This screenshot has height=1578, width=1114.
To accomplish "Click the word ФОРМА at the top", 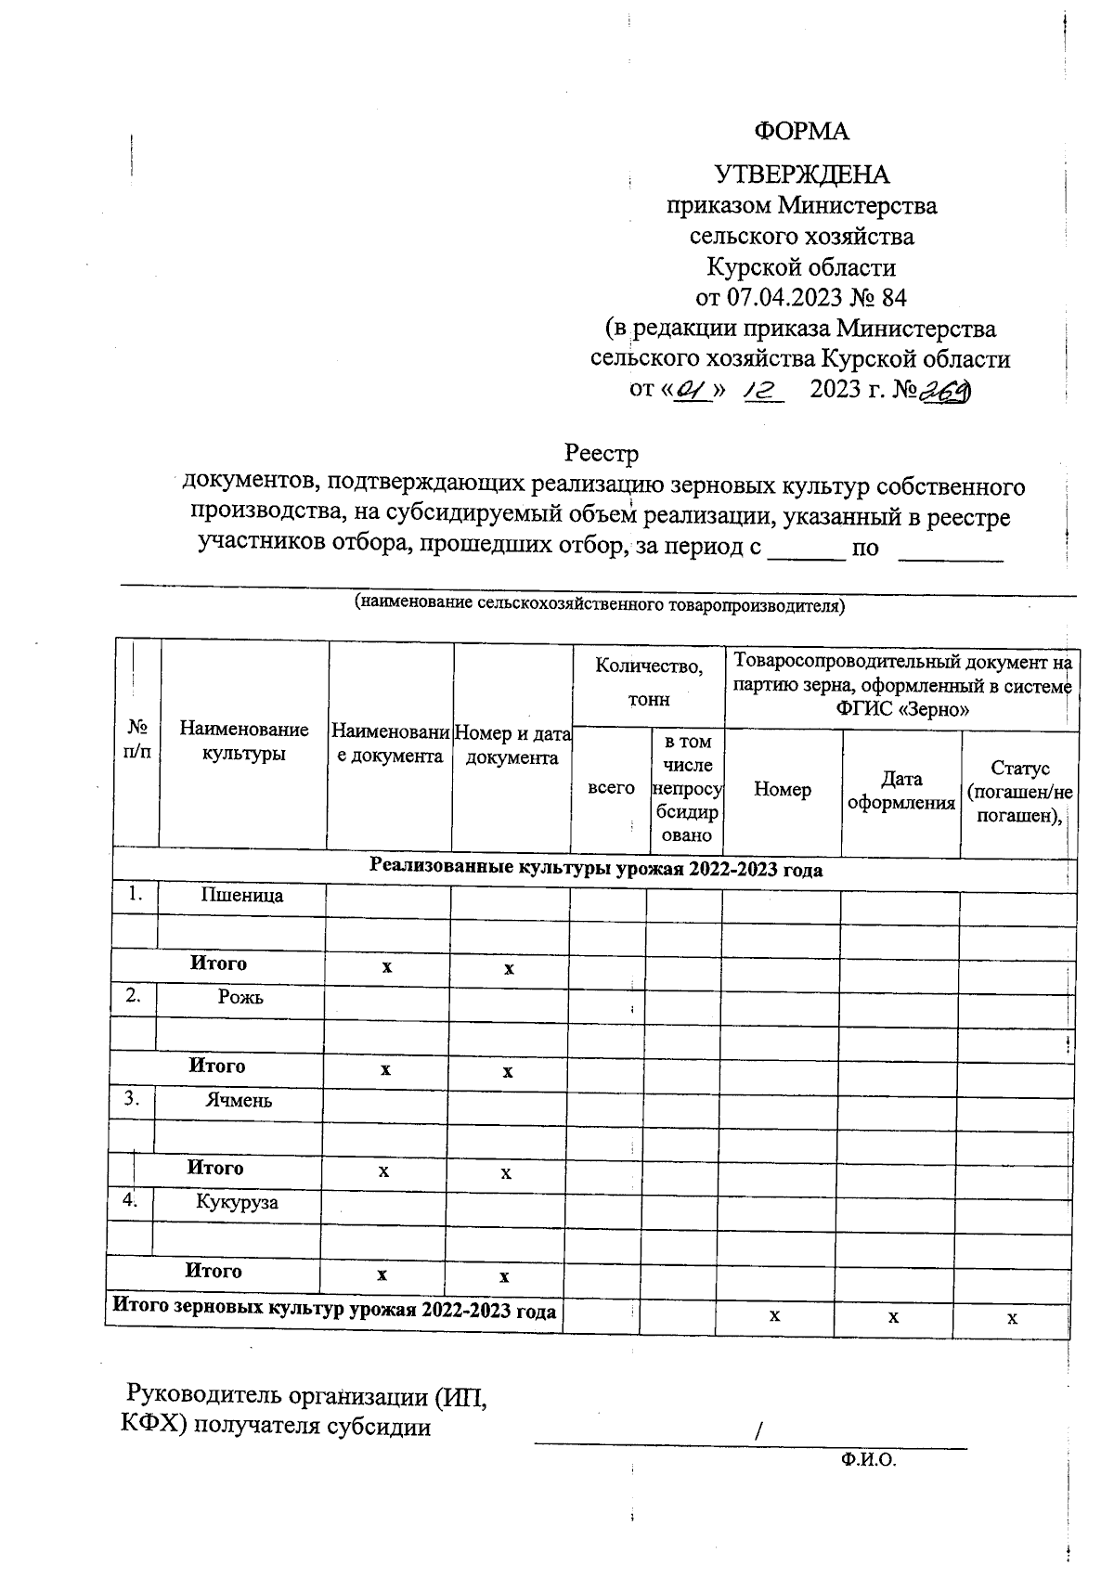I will pyautogui.click(x=801, y=131).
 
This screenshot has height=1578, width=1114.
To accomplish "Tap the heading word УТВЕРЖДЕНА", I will pyautogui.click(x=801, y=175).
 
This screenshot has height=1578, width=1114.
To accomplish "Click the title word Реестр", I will pyautogui.click(x=602, y=454).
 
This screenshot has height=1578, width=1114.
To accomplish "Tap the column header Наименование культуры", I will pyautogui.click(x=244, y=742).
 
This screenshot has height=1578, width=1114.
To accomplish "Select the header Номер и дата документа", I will pyautogui.click(x=512, y=745).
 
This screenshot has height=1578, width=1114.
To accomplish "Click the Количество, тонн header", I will pyautogui.click(x=649, y=682).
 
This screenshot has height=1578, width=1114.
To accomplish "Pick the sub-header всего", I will pyautogui.click(x=611, y=788).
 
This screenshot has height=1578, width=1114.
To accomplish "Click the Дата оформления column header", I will pyautogui.click(x=901, y=791).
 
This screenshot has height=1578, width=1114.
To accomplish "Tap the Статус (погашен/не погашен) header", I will pyautogui.click(x=1019, y=792).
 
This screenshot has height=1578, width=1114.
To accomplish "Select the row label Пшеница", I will pyautogui.click(x=242, y=895).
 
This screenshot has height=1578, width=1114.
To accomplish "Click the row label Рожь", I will pyautogui.click(x=240, y=997).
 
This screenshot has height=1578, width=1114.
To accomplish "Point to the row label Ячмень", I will pyautogui.click(x=239, y=1100).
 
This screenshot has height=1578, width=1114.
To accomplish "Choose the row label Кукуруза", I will pyautogui.click(x=237, y=1202).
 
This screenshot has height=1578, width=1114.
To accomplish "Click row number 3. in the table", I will pyautogui.click(x=132, y=1099).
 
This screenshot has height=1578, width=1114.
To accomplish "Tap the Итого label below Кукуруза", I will pyautogui.click(x=214, y=1270).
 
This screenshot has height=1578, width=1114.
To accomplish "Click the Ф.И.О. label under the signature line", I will pyautogui.click(x=868, y=1460).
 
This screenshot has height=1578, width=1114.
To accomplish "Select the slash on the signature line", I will pyautogui.click(x=758, y=1431).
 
